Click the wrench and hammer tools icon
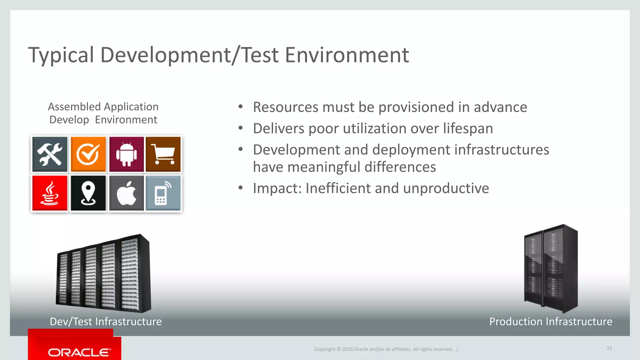(x=50, y=154)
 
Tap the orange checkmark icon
(x=88, y=154)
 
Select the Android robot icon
(x=126, y=154)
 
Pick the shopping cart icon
(x=163, y=154)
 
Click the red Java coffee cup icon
(x=50, y=193)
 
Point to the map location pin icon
(x=88, y=193)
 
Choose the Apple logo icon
(x=126, y=193)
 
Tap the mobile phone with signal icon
(x=163, y=193)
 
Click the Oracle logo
(x=79, y=352)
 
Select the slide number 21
(x=609, y=348)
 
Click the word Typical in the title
(x=61, y=56)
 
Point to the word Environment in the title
(x=347, y=55)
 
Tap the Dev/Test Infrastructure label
(x=106, y=322)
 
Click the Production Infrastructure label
(x=551, y=322)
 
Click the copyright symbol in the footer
(x=338, y=349)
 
